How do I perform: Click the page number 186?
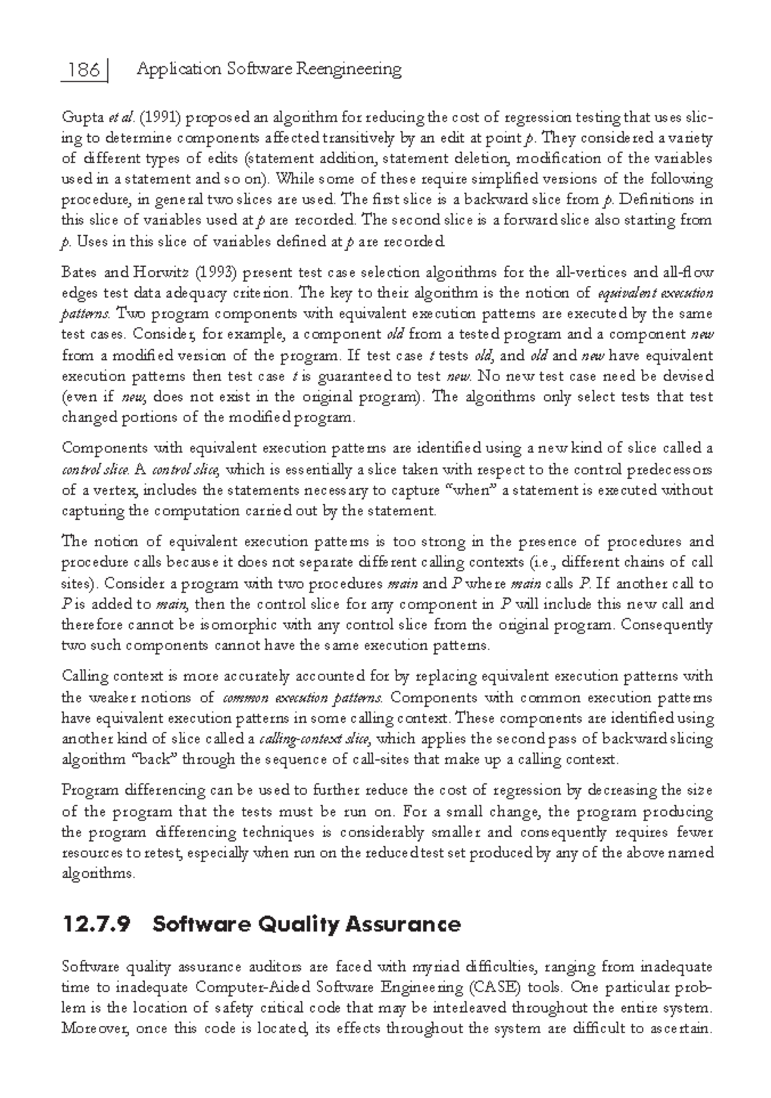point(84,69)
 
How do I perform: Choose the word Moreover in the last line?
point(89,1028)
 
